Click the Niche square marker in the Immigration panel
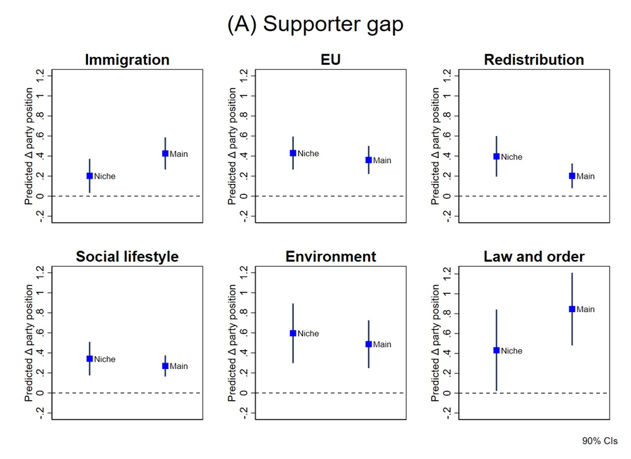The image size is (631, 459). (x=90, y=176)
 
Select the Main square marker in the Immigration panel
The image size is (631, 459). (x=165, y=154)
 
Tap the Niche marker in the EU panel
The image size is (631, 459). (x=293, y=153)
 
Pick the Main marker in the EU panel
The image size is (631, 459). (x=369, y=160)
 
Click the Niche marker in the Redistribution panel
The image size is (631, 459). (x=497, y=157)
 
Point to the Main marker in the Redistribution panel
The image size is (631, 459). (x=572, y=176)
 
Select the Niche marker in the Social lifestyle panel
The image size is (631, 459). (x=90, y=359)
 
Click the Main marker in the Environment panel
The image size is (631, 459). (x=369, y=344)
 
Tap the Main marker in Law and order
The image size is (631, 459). (x=572, y=309)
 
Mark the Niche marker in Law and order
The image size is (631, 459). (x=497, y=350)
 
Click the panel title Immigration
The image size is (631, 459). (x=127, y=60)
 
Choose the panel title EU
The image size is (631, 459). (x=331, y=60)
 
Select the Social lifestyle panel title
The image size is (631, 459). (x=127, y=256)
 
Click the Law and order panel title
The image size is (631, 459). (x=534, y=256)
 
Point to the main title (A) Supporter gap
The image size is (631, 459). (x=315, y=24)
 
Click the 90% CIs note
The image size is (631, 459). (x=600, y=441)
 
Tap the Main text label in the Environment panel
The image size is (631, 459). (x=382, y=344)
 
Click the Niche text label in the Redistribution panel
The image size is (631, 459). (x=512, y=157)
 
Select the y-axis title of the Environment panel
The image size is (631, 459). (x=232, y=343)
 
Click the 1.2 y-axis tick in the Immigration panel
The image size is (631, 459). (x=41, y=76)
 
